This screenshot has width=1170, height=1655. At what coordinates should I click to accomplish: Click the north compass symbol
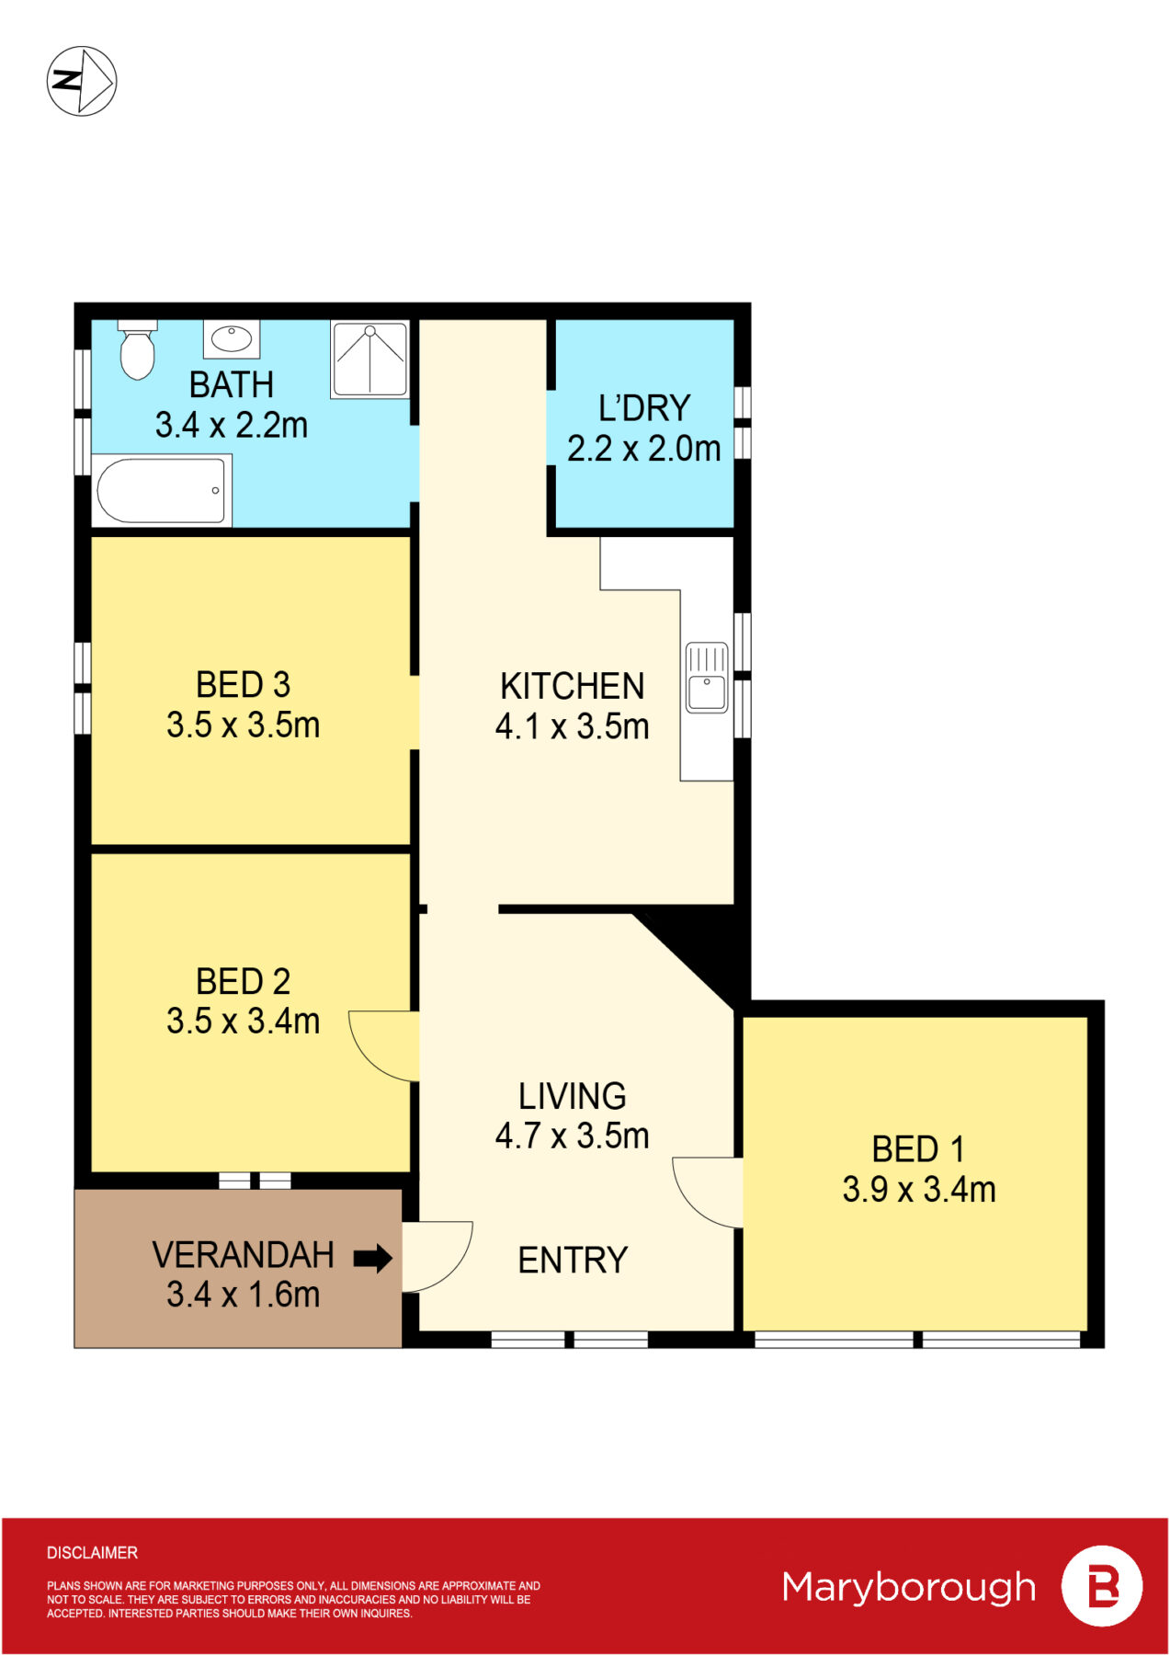pyautogui.click(x=82, y=81)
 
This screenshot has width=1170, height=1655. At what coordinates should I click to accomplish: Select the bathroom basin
pyautogui.click(x=232, y=338)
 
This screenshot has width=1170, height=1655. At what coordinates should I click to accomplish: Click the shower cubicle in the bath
pyautogui.click(x=370, y=359)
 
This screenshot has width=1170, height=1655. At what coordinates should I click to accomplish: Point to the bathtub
pyautogui.click(x=162, y=491)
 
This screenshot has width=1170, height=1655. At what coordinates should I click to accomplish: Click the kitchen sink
pyautogui.click(x=707, y=677)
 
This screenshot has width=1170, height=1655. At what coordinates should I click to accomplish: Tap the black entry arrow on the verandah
pyautogui.click(x=373, y=1258)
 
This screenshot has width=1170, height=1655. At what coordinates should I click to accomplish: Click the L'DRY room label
pyautogui.click(x=644, y=407)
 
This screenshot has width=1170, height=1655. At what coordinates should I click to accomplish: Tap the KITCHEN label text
pyautogui.click(x=572, y=686)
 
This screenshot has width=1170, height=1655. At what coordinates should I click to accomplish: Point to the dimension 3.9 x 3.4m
pyautogui.click(x=919, y=1189)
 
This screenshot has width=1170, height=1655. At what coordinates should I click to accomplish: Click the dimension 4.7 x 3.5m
pyautogui.click(x=572, y=1136)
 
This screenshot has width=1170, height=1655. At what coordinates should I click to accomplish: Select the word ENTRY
pyautogui.click(x=573, y=1260)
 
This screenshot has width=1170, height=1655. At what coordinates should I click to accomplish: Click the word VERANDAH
pyautogui.click(x=243, y=1254)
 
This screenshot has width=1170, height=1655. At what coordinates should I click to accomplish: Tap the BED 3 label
pyautogui.click(x=243, y=684)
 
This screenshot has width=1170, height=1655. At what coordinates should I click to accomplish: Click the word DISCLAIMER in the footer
pyautogui.click(x=92, y=1553)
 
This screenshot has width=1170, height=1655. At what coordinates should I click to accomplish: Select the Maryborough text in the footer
pyautogui.click(x=909, y=1588)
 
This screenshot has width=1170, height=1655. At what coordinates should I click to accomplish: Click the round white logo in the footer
pyautogui.click(x=1102, y=1586)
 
